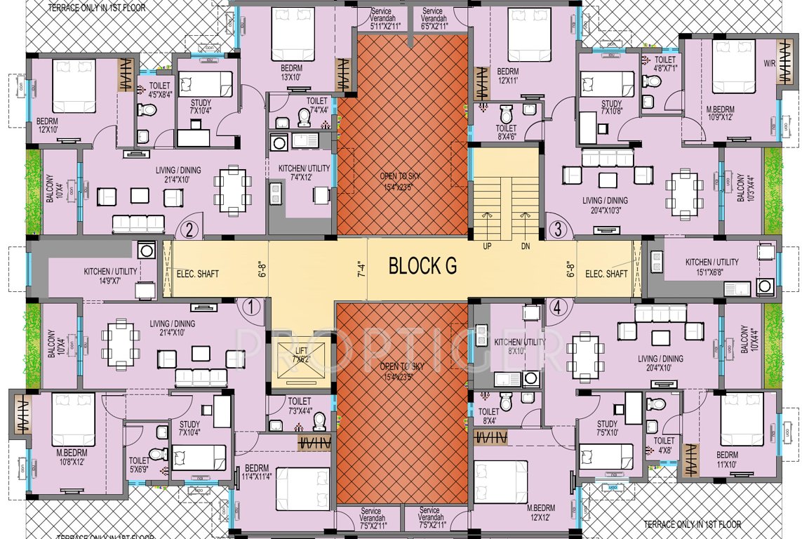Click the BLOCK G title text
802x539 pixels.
click(x=422, y=266)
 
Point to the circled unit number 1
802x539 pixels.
click(x=250, y=306)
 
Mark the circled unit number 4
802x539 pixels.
click(x=558, y=306)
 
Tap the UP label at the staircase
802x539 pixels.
click(x=487, y=246)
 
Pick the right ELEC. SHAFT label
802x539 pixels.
click(x=606, y=274)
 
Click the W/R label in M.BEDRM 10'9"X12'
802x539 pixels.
click(x=770, y=63)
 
